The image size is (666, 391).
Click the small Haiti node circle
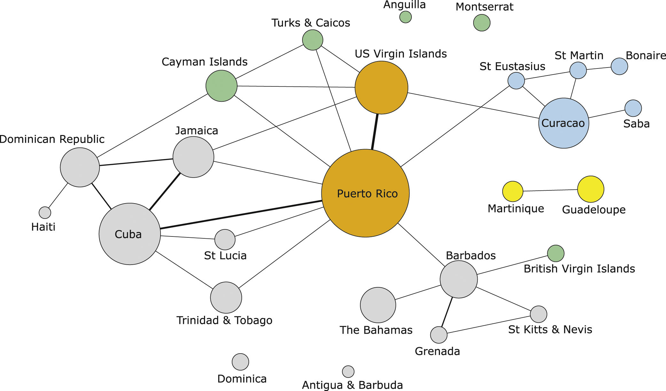click(x=45, y=212)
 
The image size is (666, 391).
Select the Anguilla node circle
click(x=405, y=17)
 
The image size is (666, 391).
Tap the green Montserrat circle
click(x=482, y=23)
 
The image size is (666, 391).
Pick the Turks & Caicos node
click(x=312, y=40)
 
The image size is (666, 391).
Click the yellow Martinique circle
click(x=513, y=191)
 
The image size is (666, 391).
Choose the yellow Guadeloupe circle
click(x=591, y=189)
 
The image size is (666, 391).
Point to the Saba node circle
click(x=633, y=108)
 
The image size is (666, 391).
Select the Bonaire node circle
click(x=619, y=66)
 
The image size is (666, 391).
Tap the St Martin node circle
click(x=578, y=70)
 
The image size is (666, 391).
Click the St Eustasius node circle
click(x=516, y=81)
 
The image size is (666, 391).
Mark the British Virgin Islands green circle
click(x=556, y=253)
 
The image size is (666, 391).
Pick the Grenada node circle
click(x=439, y=335)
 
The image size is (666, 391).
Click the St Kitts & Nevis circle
click(x=538, y=314)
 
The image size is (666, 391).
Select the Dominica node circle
click(x=240, y=362)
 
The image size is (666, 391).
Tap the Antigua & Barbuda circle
click(x=348, y=371)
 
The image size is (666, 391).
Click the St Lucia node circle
click(x=225, y=239)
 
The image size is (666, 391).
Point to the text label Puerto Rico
click(x=367, y=194)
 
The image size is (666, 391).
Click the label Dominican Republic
click(x=52, y=139)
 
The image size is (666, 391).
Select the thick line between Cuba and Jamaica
click(x=165, y=191)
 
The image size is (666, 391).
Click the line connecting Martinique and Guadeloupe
click(x=550, y=190)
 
